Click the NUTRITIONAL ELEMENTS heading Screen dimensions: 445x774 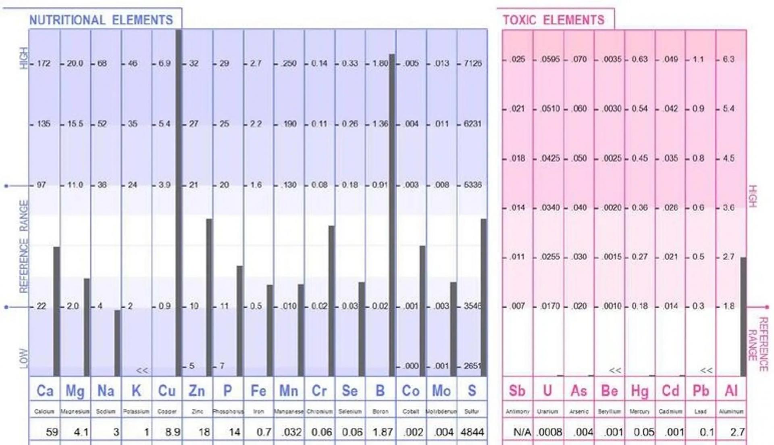[101, 20]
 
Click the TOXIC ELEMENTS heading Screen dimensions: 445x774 [553, 20]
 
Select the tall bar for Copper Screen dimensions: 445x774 [179, 202]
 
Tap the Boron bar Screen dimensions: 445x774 [392, 214]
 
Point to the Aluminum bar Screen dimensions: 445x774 [743, 317]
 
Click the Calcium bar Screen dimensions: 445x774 [56, 311]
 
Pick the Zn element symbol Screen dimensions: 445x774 [197, 391]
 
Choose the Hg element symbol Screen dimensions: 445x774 [639, 391]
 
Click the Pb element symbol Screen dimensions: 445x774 [701, 391]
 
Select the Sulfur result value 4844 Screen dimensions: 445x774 [472, 432]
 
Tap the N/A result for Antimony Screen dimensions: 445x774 [522, 432]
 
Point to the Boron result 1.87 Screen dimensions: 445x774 [383, 432]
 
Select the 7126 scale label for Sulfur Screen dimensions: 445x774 [472, 63]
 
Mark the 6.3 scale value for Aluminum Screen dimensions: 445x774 [728, 59]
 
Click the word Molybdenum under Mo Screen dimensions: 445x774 [441, 412]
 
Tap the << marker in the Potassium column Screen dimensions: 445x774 [142, 370]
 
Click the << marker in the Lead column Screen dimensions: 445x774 [706, 370]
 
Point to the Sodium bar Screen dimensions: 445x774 [117, 343]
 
